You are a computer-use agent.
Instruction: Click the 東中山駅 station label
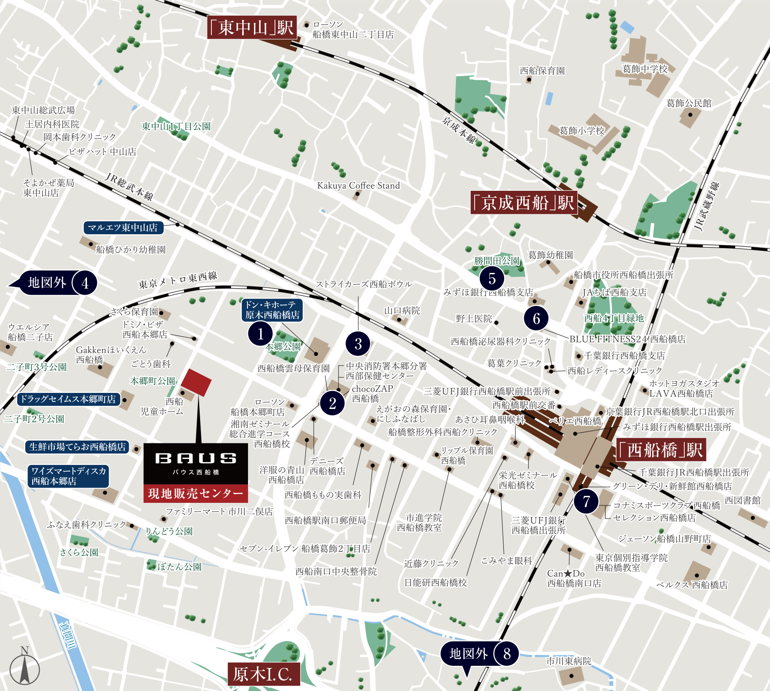tap(252, 28)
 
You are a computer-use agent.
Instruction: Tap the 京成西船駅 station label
tap(524, 203)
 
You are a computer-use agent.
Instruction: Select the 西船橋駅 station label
tap(660, 450)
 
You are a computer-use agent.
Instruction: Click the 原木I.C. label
tap(263, 674)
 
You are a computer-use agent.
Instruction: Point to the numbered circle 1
tap(260, 334)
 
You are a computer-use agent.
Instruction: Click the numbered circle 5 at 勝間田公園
tap(492, 278)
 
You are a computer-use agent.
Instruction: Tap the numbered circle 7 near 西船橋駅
tap(586, 501)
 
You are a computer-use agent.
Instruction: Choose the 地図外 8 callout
tap(479, 654)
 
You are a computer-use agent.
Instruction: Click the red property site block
tap(196, 382)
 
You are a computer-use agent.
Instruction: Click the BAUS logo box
tap(196, 463)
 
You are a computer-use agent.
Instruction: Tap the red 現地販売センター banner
tap(196, 494)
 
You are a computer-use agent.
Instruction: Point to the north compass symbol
tap(24, 668)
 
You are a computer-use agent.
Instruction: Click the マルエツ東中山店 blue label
tap(123, 228)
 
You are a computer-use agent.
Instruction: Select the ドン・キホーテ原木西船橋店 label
tap(272, 310)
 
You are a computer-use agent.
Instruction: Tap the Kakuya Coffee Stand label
tap(358, 186)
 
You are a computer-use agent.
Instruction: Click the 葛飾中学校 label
tap(645, 69)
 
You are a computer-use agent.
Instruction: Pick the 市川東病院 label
tap(569, 661)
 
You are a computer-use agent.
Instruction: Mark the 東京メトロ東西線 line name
tap(177, 280)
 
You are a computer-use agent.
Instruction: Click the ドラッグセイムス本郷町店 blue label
tap(68, 399)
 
